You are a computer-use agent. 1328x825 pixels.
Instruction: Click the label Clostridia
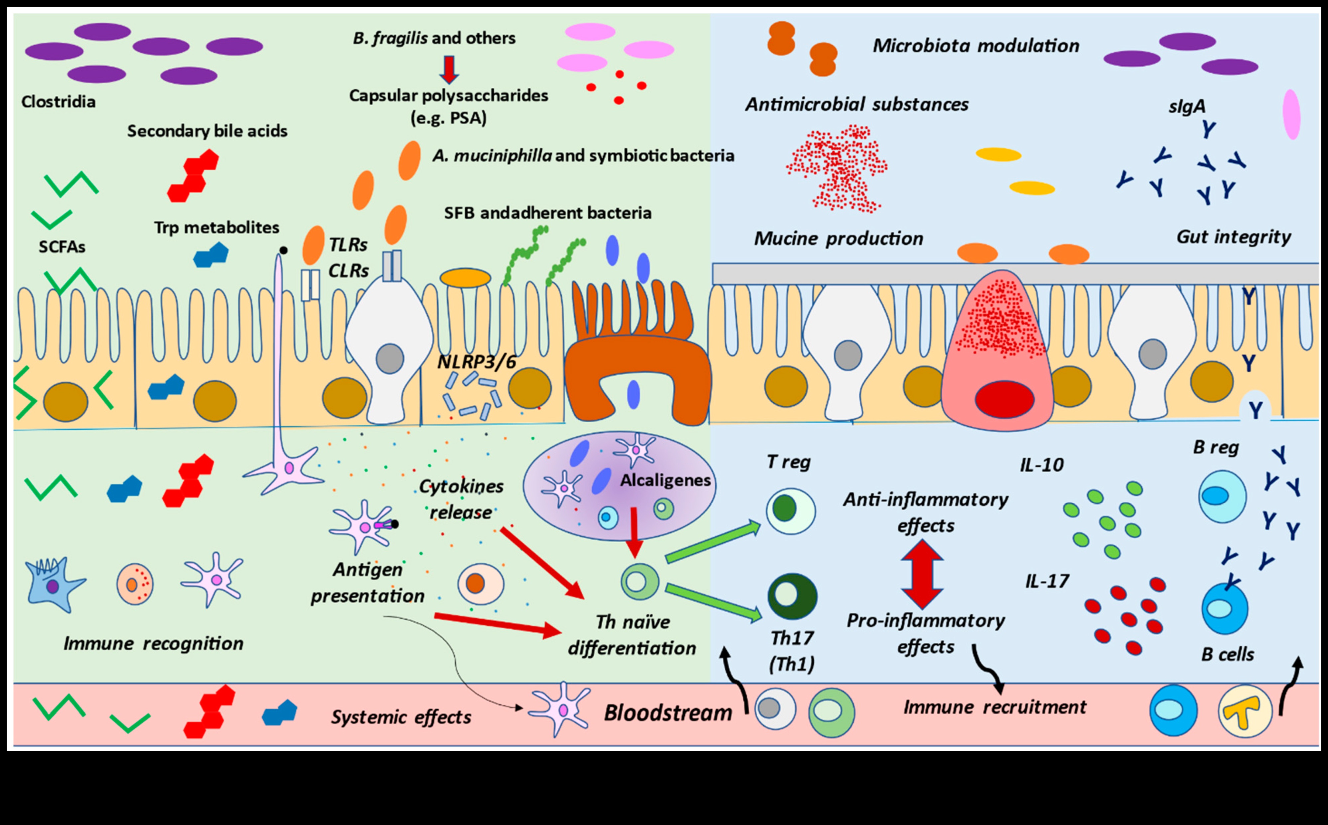point(58,102)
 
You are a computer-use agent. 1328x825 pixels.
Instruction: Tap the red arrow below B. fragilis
point(449,69)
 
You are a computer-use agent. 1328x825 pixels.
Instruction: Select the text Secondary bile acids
point(207,131)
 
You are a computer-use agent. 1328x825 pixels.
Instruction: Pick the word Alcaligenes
point(665,480)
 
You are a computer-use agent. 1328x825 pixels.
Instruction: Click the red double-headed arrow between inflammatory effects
point(922,574)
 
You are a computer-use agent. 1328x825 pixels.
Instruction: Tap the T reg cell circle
point(791,511)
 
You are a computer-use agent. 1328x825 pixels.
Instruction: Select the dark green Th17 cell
point(792,596)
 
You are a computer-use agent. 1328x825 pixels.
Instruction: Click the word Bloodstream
point(668,713)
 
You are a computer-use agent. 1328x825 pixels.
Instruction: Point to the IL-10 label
point(1042,465)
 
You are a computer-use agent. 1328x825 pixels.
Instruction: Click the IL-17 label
point(1047,581)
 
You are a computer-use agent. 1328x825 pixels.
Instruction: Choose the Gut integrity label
point(1234,237)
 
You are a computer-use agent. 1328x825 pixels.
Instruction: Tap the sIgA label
point(1187,106)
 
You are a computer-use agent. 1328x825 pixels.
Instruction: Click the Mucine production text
point(838,238)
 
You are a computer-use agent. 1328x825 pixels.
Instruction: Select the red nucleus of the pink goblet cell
point(1004,399)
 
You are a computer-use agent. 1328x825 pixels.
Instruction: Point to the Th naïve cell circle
point(640,581)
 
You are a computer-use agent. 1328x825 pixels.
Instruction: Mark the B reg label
point(1216,447)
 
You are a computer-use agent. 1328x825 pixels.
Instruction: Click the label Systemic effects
point(401,717)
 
